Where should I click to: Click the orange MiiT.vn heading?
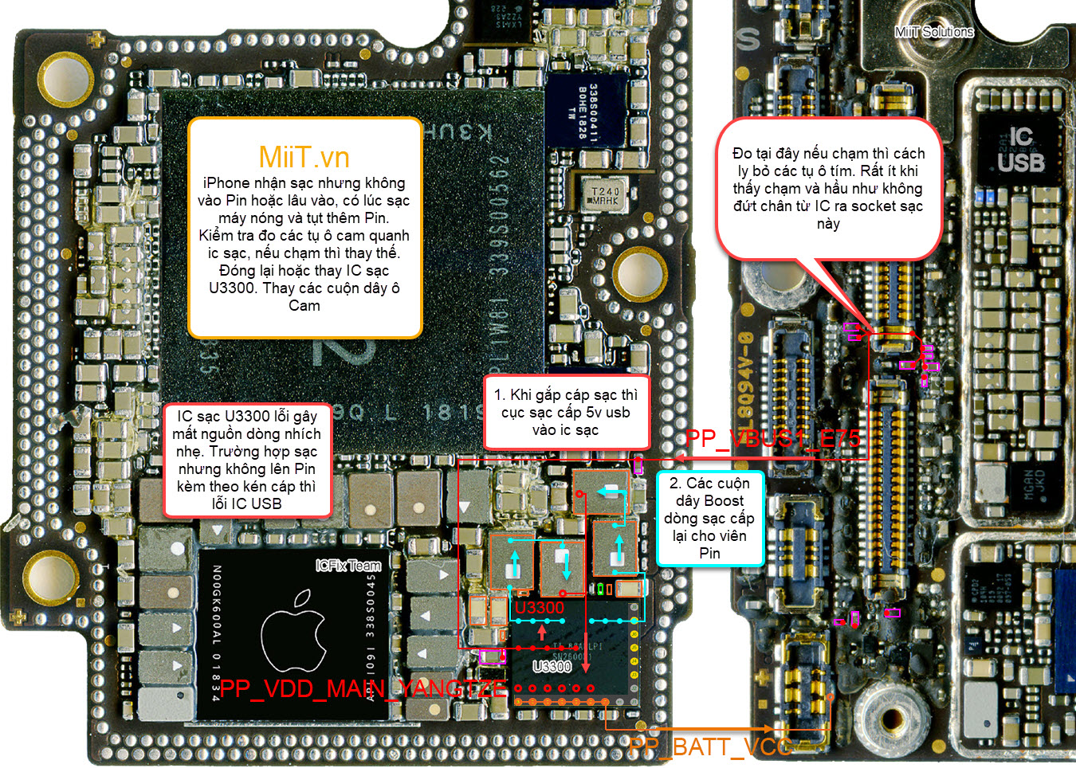click(x=304, y=157)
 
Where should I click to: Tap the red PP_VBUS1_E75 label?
click(x=772, y=439)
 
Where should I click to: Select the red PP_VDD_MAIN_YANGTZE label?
click(x=363, y=689)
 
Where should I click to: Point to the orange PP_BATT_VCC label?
click(x=710, y=746)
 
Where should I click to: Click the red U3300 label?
click(x=540, y=608)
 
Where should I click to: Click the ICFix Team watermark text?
click(x=348, y=566)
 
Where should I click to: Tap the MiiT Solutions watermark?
click(x=934, y=32)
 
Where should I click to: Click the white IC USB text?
click(x=1021, y=150)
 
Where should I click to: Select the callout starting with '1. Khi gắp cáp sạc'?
click(x=566, y=412)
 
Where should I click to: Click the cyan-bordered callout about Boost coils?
click(x=709, y=518)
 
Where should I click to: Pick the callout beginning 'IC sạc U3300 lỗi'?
click(x=247, y=460)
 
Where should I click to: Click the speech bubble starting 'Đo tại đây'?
click(x=829, y=188)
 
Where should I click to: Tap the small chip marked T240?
click(x=604, y=196)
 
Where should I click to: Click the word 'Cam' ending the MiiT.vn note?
click(x=304, y=306)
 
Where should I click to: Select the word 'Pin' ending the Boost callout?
click(x=709, y=553)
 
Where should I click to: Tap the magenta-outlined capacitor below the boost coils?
click(x=493, y=656)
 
